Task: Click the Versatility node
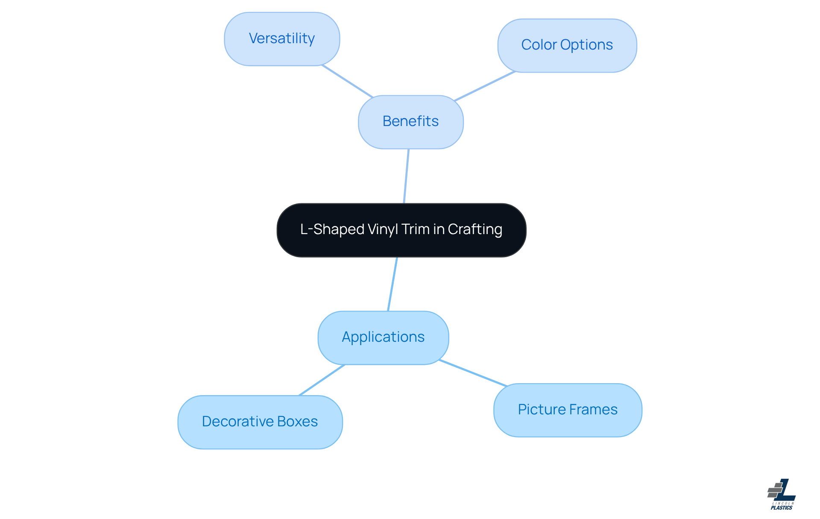tap(282, 39)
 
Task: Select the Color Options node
tap(567, 45)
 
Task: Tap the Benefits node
tap(410, 122)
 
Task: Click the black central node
tap(401, 230)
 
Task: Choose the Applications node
tap(383, 337)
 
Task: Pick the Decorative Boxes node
tap(260, 422)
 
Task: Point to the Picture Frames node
tap(567, 410)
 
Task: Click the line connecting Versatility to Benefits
tap(347, 81)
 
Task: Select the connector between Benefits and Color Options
tap(485, 86)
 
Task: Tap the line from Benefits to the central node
tap(406, 176)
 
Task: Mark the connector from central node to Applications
tap(392, 284)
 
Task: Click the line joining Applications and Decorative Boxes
tap(322, 380)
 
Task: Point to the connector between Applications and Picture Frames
tap(473, 373)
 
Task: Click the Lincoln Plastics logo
tap(782, 494)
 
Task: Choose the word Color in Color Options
tap(539, 45)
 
